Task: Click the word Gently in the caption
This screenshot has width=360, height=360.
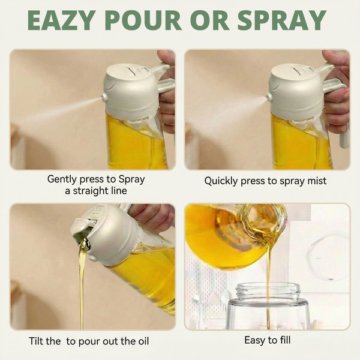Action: (63, 179)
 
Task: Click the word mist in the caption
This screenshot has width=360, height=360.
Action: (317, 180)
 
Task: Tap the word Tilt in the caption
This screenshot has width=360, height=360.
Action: (39, 341)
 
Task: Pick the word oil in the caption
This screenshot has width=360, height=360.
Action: (142, 341)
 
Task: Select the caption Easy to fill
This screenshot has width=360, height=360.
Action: (267, 340)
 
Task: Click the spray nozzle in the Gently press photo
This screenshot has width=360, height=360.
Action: (104, 97)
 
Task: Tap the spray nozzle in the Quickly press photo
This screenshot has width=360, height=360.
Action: (269, 97)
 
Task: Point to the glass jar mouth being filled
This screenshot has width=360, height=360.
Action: (268, 292)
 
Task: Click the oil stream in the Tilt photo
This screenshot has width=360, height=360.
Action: (82, 282)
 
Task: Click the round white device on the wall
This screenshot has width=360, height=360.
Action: (328, 258)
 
